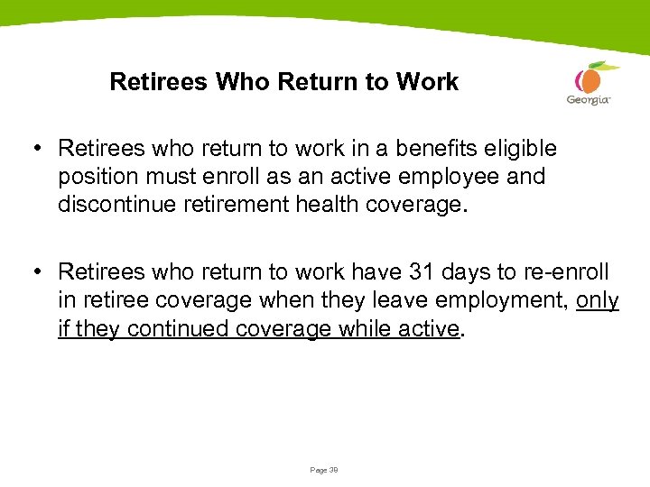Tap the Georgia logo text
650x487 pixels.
coord(589,99)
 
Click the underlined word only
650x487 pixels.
coord(598,300)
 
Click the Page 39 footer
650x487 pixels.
coord(324,470)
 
